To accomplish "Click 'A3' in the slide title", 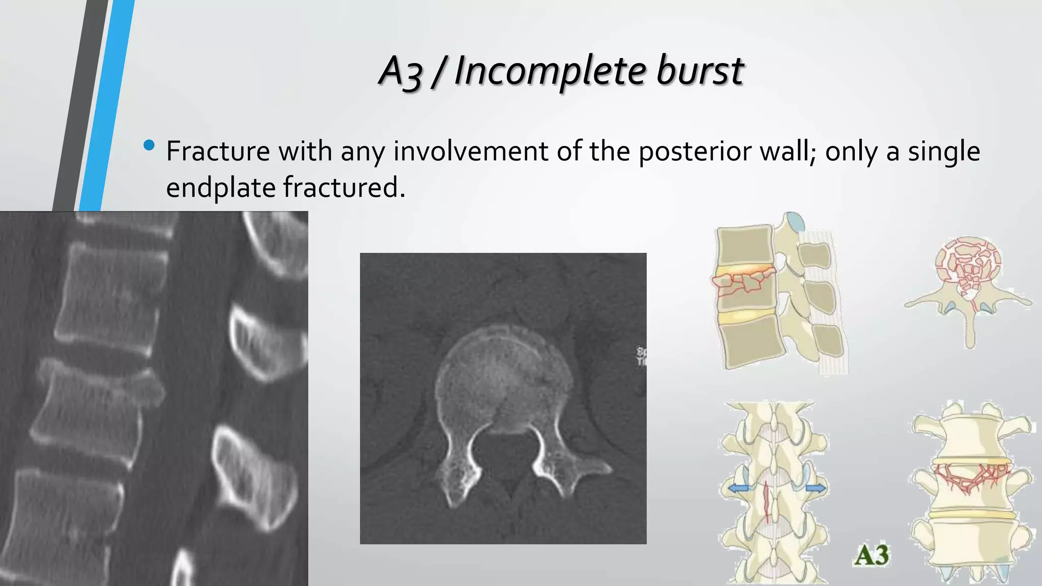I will pyautogui.click(x=401, y=71).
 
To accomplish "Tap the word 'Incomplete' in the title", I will pyautogui.click(x=549, y=71).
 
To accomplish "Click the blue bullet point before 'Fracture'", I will pyautogui.click(x=149, y=146).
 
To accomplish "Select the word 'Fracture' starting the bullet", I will pyautogui.click(x=218, y=151).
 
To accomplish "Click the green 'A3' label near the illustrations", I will pyautogui.click(x=872, y=555).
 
